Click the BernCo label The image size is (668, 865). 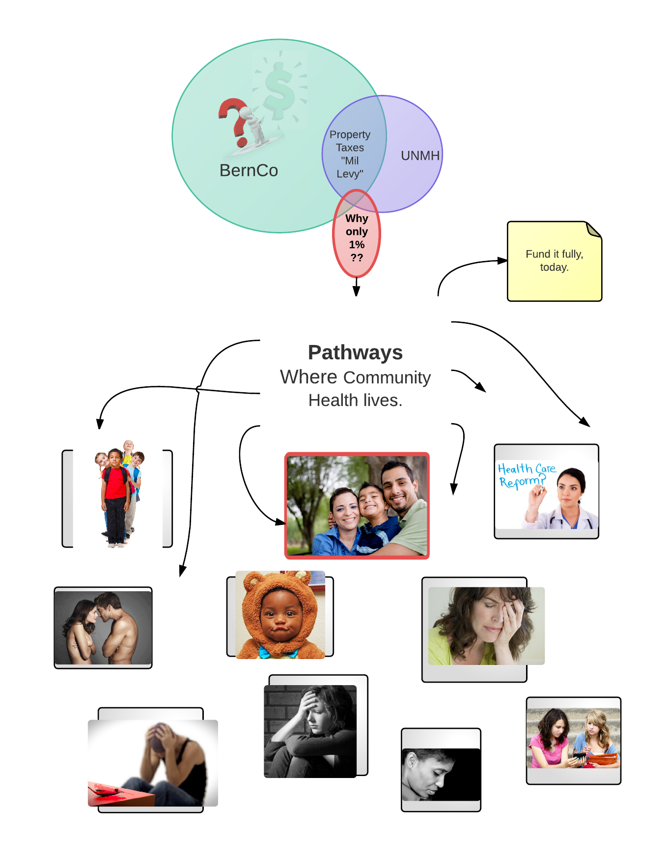pyautogui.click(x=249, y=171)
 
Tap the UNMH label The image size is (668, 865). pyautogui.click(x=420, y=156)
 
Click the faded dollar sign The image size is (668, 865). pyautogui.click(x=279, y=91)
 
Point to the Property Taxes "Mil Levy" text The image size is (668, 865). pyautogui.click(x=350, y=154)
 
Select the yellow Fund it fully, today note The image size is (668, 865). pyautogui.click(x=554, y=261)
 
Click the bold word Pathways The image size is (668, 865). pyautogui.click(x=355, y=352)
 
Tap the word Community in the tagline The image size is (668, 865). pyautogui.click(x=387, y=377)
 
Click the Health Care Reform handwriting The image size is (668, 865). pyautogui.click(x=524, y=475)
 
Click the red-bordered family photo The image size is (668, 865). pyautogui.click(x=357, y=506)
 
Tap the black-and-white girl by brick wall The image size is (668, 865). pyautogui.click(x=310, y=731)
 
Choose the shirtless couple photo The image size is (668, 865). pyautogui.click(x=103, y=628)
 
